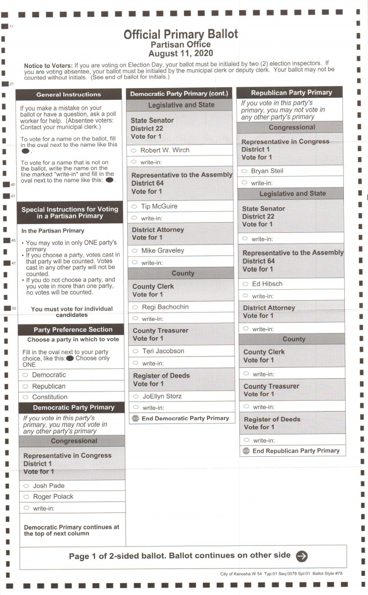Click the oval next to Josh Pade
(x=26, y=486)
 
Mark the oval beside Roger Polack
(x=26, y=496)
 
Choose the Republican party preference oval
(x=25, y=386)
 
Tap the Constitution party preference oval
(x=25, y=397)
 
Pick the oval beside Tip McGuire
(x=134, y=206)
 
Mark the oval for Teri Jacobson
(x=135, y=351)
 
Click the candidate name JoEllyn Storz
(x=162, y=397)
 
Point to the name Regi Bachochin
(x=165, y=307)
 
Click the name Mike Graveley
(x=162, y=251)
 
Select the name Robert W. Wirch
(x=165, y=150)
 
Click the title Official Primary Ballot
(x=181, y=34)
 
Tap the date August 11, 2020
(x=181, y=53)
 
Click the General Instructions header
(x=68, y=94)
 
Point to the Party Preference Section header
(x=73, y=329)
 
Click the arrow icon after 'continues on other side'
(x=301, y=556)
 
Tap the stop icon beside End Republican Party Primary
(x=246, y=451)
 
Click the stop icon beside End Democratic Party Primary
(x=135, y=418)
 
